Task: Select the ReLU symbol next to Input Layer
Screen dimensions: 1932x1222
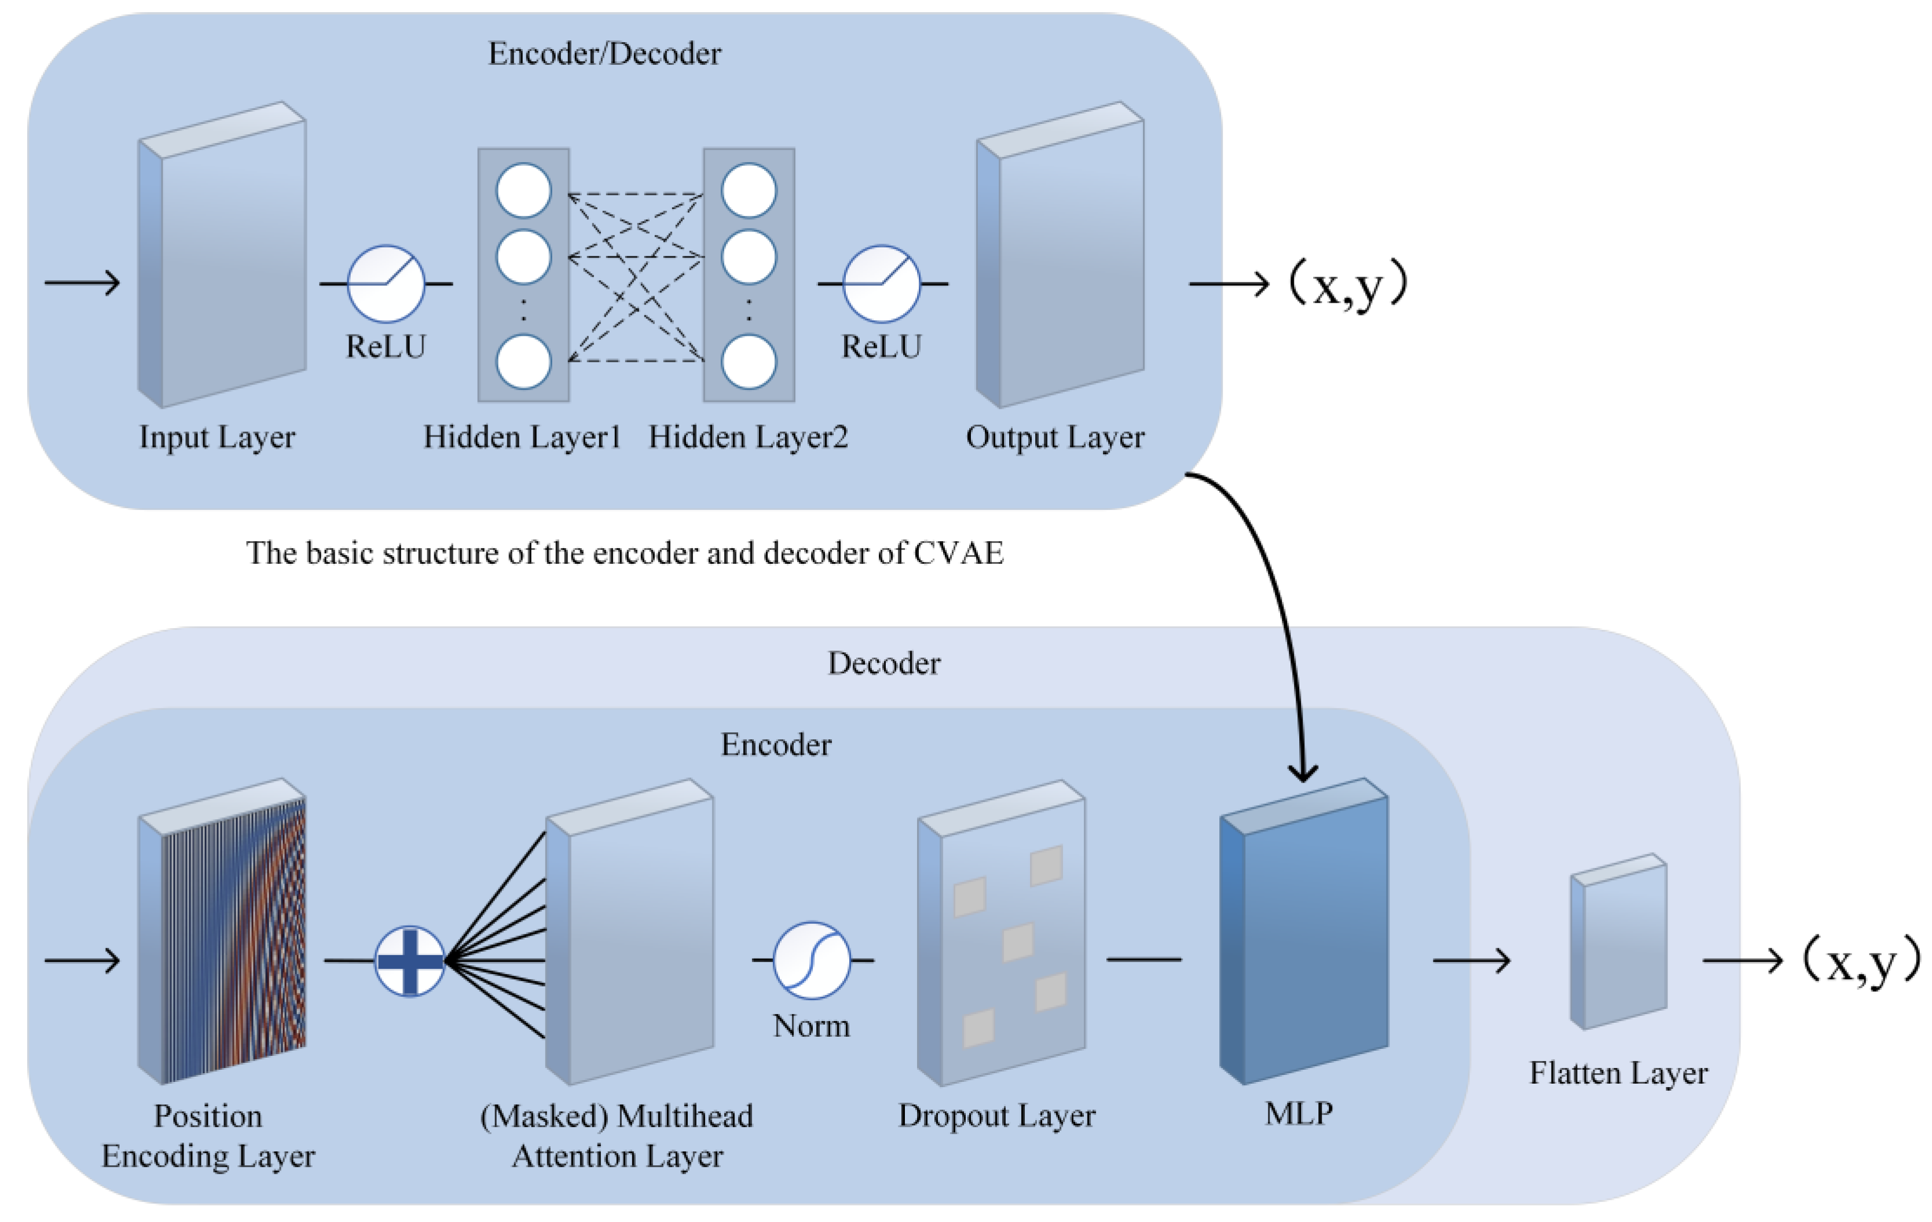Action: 386,283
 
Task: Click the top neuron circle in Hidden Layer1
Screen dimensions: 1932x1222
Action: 524,191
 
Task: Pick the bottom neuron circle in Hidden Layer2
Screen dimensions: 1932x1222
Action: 749,362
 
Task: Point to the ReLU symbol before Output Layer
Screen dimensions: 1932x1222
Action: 881,283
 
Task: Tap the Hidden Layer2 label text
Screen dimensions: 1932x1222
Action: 748,437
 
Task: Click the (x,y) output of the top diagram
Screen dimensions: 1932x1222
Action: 1348,285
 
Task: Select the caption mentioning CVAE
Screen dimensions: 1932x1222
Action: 624,553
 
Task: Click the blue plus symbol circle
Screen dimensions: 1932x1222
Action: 410,960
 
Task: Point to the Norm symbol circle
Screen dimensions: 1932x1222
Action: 811,960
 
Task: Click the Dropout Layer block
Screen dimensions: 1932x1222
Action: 1001,933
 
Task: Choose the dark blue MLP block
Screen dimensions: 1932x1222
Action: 1304,931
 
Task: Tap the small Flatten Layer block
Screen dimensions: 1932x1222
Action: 1618,941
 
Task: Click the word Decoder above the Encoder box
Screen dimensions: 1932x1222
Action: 884,663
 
